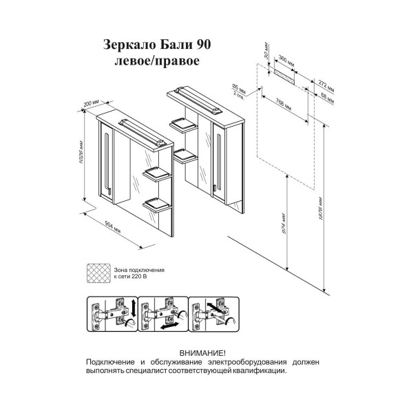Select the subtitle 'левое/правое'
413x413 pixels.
click(x=156, y=61)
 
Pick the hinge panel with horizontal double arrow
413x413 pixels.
click(x=162, y=315)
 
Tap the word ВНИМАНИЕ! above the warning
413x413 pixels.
click(x=202, y=352)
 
